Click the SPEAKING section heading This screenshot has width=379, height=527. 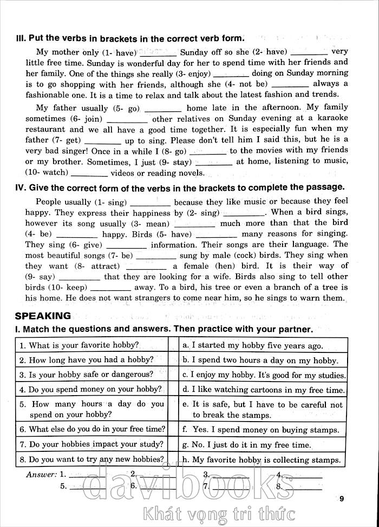pyautogui.click(x=50, y=316)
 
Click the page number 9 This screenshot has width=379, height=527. pyautogui.click(x=342, y=499)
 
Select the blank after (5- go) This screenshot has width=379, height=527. pyautogui.click(x=164, y=108)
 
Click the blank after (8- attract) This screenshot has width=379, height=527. pyautogui.click(x=146, y=266)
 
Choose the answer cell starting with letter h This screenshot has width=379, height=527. pyautogui.click(x=263, y=460)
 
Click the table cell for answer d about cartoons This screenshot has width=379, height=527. pyautogui.click(x=263, y=389)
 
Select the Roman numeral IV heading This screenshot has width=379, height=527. pyautogui.click(x=21, y=188)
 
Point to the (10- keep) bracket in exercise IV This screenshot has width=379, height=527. pyautogui.click(x=67, y=288)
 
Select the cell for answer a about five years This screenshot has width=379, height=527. pyautogui.click(x=263, y=345)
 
